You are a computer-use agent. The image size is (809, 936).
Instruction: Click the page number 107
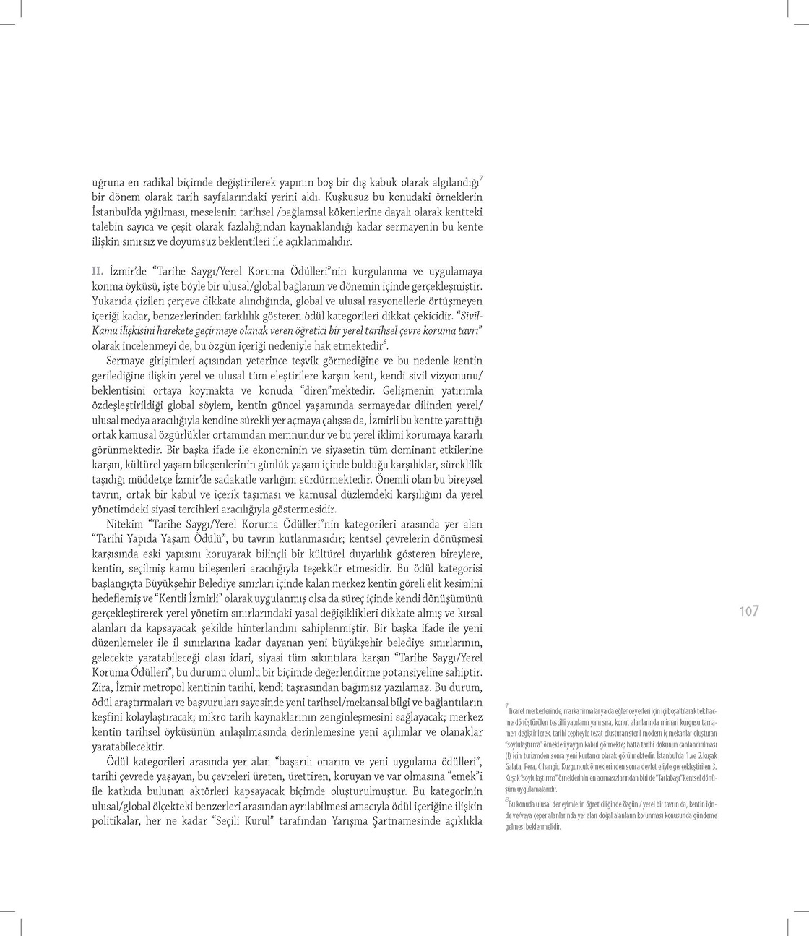(749, 611)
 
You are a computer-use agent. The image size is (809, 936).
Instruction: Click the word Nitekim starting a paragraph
(126, 524)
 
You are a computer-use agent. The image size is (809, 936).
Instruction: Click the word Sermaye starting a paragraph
(126, 360)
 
